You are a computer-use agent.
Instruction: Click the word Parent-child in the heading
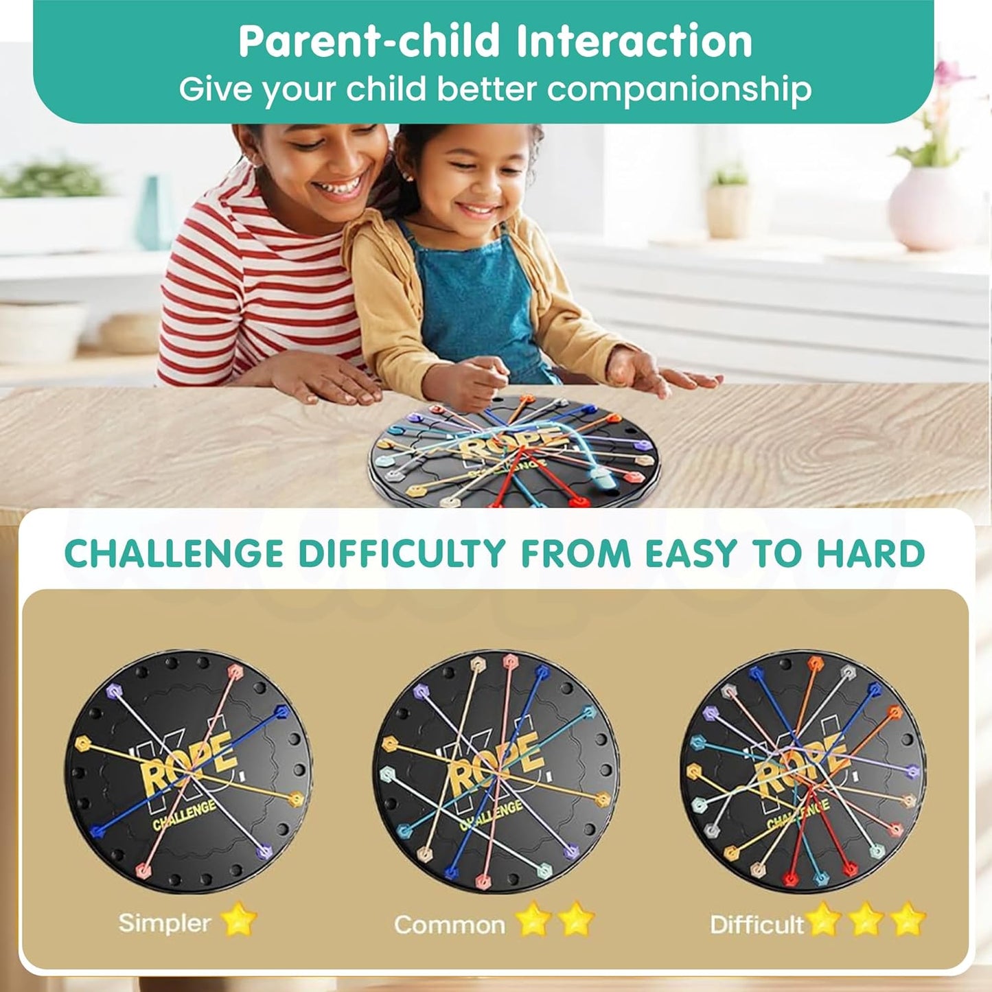(x=369, y=42)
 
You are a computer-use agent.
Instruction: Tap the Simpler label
(x=164, y=923)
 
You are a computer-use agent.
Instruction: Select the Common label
(x=450, y=925)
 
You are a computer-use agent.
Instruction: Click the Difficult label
(x=757, y=925)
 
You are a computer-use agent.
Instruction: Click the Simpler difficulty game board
(x=188, y=772)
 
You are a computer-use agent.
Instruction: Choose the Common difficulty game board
(x=496, y=772)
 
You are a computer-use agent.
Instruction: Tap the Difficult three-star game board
(x=803, y=772)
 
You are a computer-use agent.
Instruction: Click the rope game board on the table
(x=514, y=454)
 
